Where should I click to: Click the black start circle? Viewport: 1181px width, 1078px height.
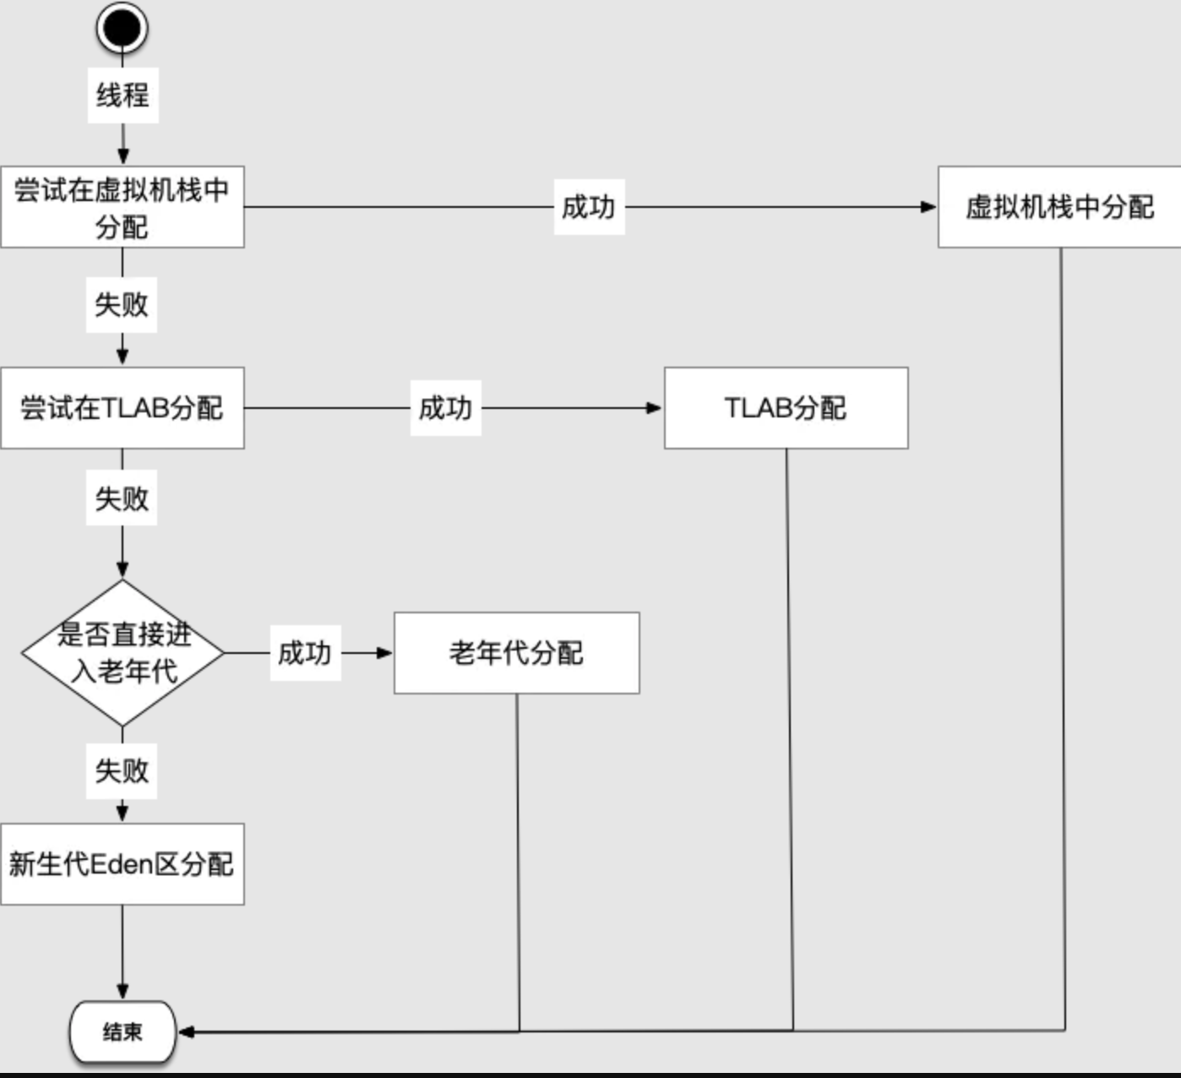(122, 28)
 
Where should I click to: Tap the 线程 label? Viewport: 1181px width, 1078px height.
(123, 95)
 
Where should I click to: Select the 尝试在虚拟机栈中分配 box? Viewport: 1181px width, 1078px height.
(122, 207)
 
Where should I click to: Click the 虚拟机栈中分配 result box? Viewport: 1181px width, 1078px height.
(1059, 207)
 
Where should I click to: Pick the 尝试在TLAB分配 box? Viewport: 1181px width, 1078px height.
(122, 408)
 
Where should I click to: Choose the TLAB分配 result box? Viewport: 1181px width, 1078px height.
(786, 408)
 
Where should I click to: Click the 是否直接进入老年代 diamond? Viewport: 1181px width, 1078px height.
(122, 653)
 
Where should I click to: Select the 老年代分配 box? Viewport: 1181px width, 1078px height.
(517, 653)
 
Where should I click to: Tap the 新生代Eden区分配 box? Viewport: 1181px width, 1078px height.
(122, 864)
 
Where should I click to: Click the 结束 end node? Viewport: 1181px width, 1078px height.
(122, 1032)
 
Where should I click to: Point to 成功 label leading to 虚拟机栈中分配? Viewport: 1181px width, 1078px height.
(590, 207)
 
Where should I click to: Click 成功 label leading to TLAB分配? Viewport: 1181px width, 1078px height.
(446, 408)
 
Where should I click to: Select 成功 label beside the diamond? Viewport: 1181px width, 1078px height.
(306, 653)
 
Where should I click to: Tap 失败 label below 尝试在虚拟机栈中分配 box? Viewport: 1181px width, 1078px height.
(122, 305)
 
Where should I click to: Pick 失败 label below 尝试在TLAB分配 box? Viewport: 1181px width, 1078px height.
(122, 498)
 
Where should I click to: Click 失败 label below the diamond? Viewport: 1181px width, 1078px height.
(122, 771)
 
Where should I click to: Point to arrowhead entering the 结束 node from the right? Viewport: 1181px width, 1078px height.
(186, 1032)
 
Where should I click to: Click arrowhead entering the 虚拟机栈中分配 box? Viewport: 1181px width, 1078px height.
(928, 207)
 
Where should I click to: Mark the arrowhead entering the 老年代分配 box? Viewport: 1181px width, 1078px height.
(384, 653)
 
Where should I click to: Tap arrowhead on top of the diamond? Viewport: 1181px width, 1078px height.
(122, 570)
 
